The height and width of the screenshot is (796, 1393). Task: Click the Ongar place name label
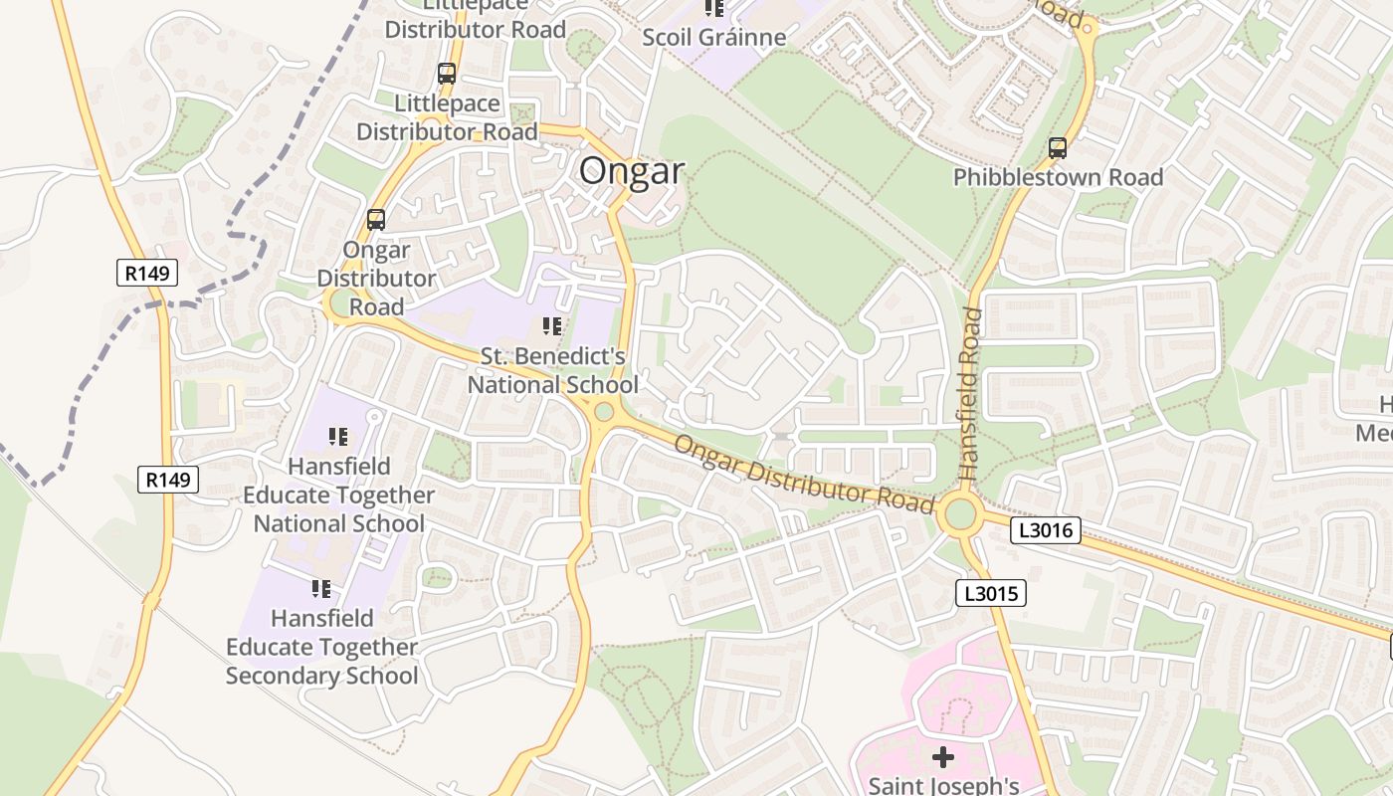pyautogui.click(x=632, y=171)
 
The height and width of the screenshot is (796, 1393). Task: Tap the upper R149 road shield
pyautogui.click(x=147, y=273)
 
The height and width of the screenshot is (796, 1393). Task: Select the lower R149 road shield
pyautogui.click(x=167, y=481)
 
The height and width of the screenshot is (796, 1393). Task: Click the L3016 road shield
pyautogui.click(x=1045, y=530)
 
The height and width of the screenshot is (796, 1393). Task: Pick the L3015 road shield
pyautogui.click(x=990, y=594)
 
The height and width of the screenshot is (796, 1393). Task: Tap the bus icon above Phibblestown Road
pyautogui.click(x=1058, y=148)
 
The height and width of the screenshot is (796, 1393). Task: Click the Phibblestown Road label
pyautogui.click(x=1058, y=178)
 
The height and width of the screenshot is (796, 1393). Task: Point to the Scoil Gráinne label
pyautogui.click(x=713, y=38)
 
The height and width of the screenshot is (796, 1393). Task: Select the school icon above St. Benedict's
pyautogui.click(x=552, y=326)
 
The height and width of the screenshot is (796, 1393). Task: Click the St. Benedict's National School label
pyautogui.click(x=553, y=370)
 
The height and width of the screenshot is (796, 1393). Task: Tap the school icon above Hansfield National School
pyautogui.click(x=338, y=436)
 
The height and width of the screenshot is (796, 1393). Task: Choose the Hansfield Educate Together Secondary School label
pyautogui.click(x=321, y=647)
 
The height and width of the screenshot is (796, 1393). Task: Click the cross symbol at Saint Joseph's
pyautogui.click(x=942, y=758)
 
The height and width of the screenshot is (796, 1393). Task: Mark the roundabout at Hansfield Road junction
pyautogui.click(x=960, y=514)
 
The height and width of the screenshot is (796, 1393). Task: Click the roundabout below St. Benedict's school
pyautogui.click(x=603, y=411)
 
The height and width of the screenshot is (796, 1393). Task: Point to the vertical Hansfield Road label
pyautogui.click(x=972, y=394)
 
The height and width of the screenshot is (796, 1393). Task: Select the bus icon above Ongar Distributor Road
pyautogui.click(x=376, y=220)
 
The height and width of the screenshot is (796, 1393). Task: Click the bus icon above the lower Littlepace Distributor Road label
pyautogui.click(x=447, y=74)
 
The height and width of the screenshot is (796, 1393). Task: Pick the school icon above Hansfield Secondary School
pyautogui.click(x=320, y=589)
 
